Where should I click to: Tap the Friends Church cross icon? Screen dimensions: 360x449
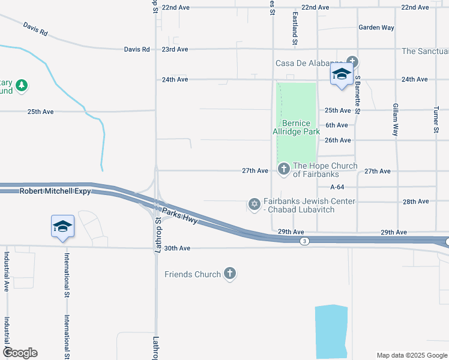(x=229, y=274)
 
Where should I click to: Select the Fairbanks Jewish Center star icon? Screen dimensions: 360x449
(x=254, y=205)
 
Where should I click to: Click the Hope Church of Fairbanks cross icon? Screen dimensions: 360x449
(x=283, y=170)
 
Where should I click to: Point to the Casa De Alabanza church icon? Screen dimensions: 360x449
(x=352, y=62)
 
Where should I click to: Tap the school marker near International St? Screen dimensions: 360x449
(x=63, y=227)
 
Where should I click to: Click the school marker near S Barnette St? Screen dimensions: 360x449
(x=342, y=74)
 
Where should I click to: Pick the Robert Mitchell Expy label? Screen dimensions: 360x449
(x=55, y=191)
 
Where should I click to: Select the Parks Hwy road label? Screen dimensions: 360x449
(x=179, y=215)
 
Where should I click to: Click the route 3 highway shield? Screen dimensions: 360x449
(x=305, y=241)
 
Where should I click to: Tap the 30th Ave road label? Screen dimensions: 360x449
(x=177, y=248)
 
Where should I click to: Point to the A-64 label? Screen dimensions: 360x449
(x=337, y=187)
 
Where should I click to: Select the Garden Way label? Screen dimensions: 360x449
(x=376, y=28)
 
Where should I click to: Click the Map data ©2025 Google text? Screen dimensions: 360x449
(x=411, y=355)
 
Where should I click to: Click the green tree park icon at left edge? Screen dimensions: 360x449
(x=22, y=85)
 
